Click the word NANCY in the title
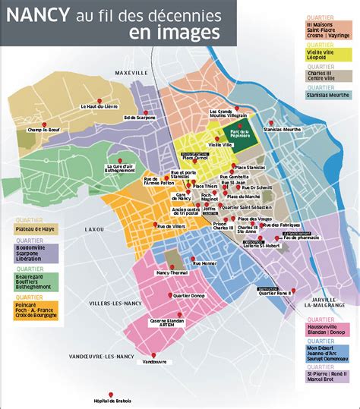click(x=37, y=14)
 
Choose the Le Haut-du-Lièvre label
click(x=100, y=108)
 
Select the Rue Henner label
click(x=204, y=263)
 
